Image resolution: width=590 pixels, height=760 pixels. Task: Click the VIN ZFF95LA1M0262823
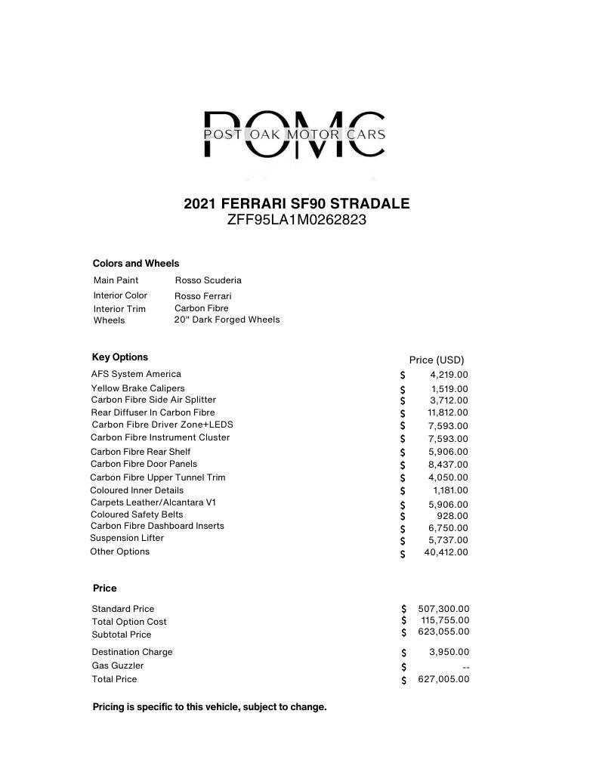pyautogui.click(x=297, y=221)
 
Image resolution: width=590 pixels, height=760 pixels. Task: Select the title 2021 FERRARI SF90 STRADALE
pyautogui.click(x=297, y=204)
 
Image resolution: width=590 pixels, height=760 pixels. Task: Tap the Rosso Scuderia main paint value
pyautogui.click(x=208, y=280)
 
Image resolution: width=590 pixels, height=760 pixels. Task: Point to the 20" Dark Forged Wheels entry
pyautogui.click(x=227, y=320)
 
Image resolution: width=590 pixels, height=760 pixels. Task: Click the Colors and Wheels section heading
pyautogui.click(x=136, y=264)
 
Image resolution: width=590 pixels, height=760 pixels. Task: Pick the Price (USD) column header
pyautogui.click(x=437, y=360)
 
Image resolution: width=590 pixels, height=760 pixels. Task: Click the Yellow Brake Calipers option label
pyautogui.click(x=137, y=388)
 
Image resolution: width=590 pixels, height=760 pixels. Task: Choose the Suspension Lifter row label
pyautogui.click(x=127, y=538)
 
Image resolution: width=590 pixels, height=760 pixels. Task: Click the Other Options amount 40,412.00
pyautogui.click(x=446, y=552)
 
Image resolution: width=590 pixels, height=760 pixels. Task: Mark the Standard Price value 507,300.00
pyautogui.click(x=443, y=608)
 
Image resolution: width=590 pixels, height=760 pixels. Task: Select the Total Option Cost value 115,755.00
pyautogui.click(x=445, y=620)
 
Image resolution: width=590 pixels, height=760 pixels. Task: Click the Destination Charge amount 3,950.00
pyautogui.click(x=449, y=652)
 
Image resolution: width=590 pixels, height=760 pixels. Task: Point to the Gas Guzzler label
pyautogui.click(x=117, y=666)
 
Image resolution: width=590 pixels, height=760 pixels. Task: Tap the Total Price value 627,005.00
pyautogui.click(x=443, y=679)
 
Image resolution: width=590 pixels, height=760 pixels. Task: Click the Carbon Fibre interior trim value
pyautogui.click(x=201, y=308)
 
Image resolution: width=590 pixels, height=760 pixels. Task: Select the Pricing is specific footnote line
pyautogui.click(x=209, y=707)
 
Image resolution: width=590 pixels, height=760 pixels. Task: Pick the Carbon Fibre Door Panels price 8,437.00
pyautogui.click(x=448, y=465)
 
